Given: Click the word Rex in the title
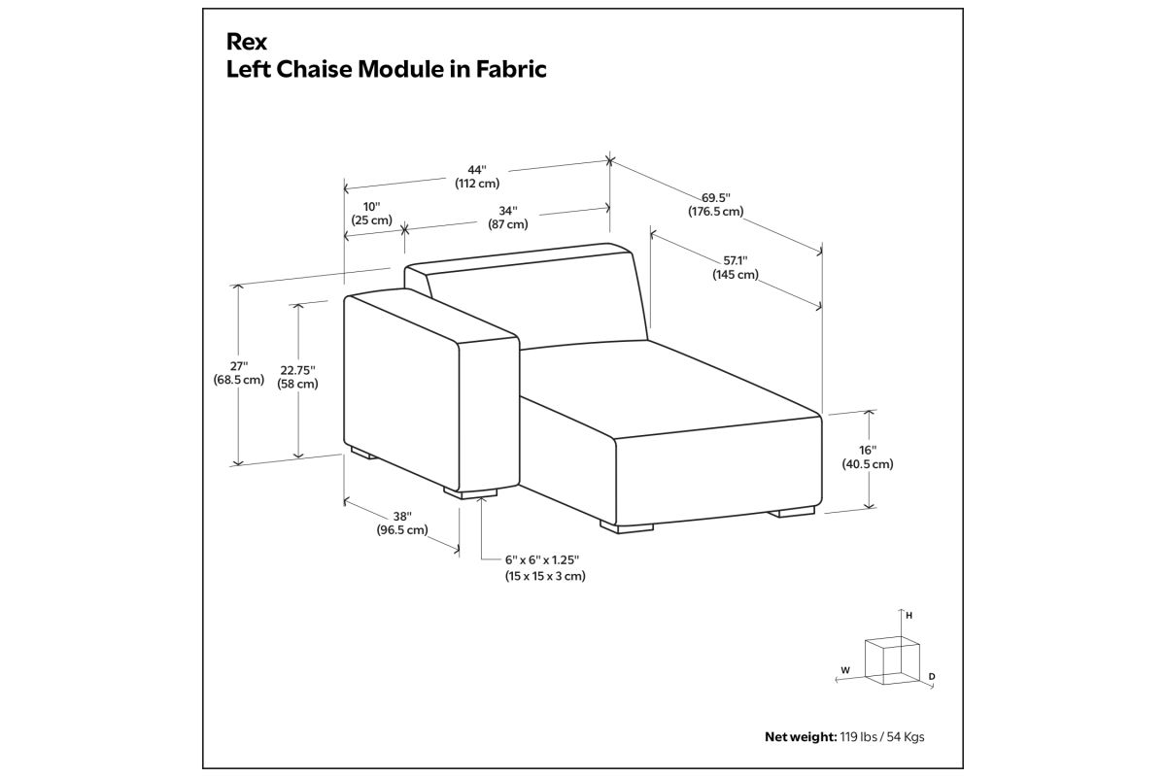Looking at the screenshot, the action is coord(247,42).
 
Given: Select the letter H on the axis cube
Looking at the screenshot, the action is coord(909,616).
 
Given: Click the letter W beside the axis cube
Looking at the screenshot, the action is coord(845,670).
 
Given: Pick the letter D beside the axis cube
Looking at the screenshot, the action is coord(932,677).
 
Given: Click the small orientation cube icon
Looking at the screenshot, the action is coord(892,660).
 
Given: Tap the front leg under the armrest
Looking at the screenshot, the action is coord(470,492).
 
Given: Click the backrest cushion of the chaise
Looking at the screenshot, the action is coord(536,302).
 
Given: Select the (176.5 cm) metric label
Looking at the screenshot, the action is coord(716,212).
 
